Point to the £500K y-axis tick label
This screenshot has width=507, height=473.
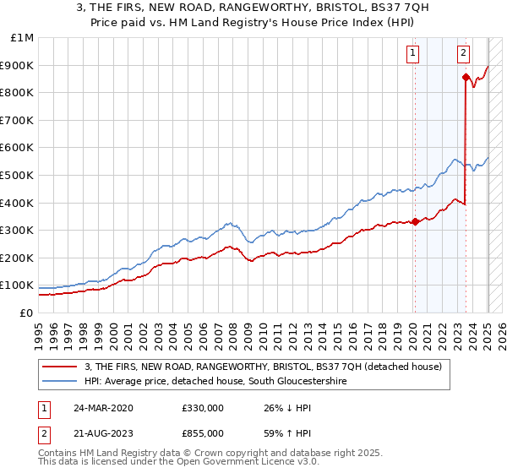point(19,175)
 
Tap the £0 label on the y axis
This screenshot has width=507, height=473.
point(26,313)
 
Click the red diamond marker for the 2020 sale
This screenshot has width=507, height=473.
point(415,222)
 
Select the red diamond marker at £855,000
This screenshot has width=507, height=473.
point(466,78)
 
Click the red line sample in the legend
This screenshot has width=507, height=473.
point(61,367)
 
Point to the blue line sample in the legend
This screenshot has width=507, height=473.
point(61,382)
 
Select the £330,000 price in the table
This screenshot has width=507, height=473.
point(202,408)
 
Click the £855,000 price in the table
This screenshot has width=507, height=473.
point(202,433)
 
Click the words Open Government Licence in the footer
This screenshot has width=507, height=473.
point(207,464)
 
